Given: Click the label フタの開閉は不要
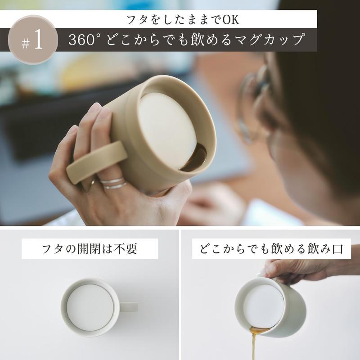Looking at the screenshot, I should (x=90, y=249).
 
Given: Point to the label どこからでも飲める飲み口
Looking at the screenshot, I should (x=271, y=249).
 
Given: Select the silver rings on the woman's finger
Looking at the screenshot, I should (x=112, y=182).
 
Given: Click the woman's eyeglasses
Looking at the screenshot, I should (x=254, y=103).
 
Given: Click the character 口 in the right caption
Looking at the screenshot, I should (x=345, y=249).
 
